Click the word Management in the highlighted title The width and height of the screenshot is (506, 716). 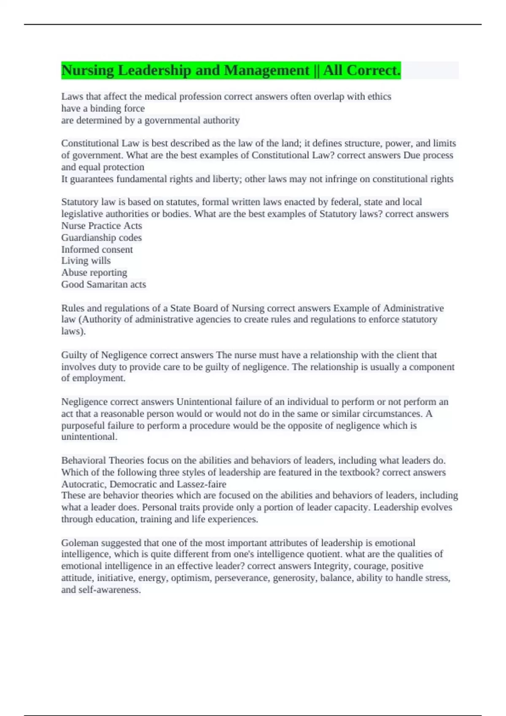click(x=266, y=70)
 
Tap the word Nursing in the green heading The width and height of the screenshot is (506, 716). click(x=87, y=70)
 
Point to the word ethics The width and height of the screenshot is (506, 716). click(x=379, y=96)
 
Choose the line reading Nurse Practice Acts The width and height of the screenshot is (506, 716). click(x=102, y=226)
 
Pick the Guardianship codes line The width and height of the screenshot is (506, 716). click(x=102, y=238)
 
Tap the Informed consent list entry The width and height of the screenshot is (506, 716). click(x=97, y=249)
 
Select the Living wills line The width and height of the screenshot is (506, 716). click(x=86, y=261)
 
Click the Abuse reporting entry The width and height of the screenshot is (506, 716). click(x=94, y=273)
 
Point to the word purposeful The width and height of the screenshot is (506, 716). click(x=83, y=425)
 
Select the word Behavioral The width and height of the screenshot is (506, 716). click(x=83, y=460)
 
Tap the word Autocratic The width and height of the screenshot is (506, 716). click(x=83, y=484)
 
